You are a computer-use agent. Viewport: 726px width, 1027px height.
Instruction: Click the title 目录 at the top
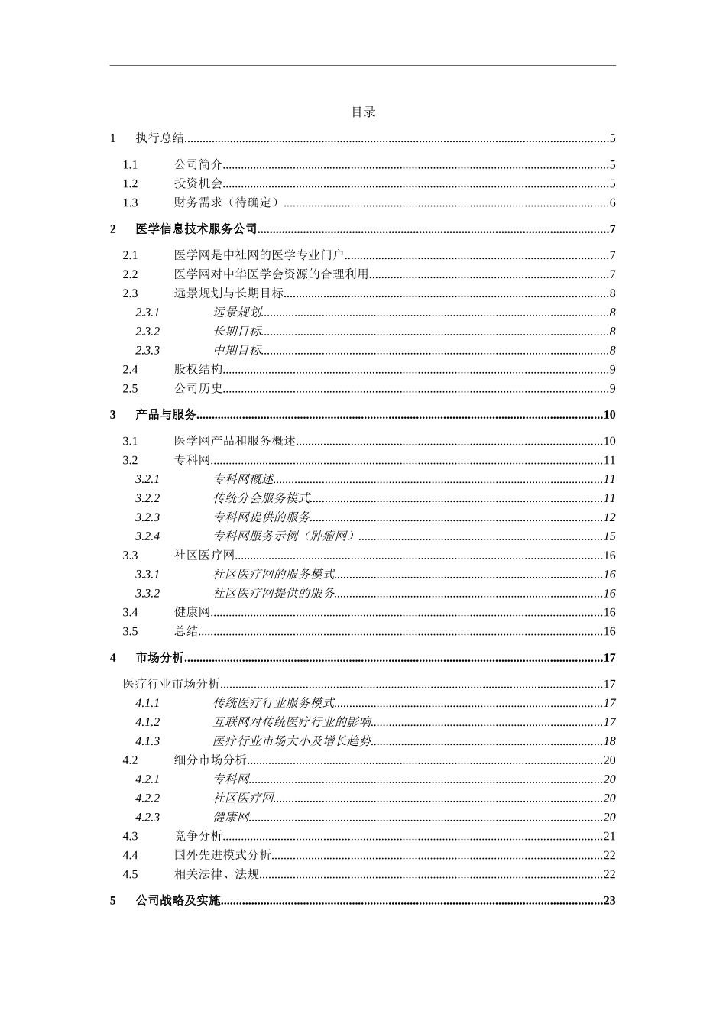click(x=363, y=112)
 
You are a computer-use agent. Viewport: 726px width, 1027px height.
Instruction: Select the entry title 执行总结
click(x=160, y=138)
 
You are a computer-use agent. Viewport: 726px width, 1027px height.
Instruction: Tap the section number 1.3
click(x=131, y=202)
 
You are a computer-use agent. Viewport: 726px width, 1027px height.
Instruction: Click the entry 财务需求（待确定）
click(x=228, y=202)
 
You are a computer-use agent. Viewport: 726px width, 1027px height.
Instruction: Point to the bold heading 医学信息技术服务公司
click(x=196, y=229)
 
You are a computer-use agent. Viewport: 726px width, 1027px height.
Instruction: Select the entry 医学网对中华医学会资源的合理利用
click(x=271, y=274)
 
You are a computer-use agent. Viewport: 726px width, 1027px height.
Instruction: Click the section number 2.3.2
click(x=147, y=332)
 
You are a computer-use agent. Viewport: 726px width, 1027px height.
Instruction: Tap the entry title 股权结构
click(x=198, y=370)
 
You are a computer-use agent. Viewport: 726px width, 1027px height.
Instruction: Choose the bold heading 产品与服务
click(x=166, y=415)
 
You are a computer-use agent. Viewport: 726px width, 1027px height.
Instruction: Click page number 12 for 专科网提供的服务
click(x=609, y=517)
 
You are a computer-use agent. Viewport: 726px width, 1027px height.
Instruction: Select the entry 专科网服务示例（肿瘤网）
click(x=285, y=536)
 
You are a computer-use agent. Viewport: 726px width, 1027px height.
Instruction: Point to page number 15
click(x=609, y=536)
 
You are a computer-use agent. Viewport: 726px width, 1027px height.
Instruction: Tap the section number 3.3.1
click(x=147, y=575)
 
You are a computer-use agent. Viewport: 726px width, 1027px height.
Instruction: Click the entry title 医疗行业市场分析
click(x=171, y=684)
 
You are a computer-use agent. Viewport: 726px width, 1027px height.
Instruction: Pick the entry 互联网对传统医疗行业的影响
click(x=292, y=722)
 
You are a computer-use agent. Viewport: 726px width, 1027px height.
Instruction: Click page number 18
click(x=609, y=741)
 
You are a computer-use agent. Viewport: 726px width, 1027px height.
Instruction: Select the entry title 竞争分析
click(x=198, y=837)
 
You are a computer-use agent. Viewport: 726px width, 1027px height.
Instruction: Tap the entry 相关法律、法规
click(x=216, y=874)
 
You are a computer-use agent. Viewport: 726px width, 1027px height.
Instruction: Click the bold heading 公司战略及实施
click(x=178, y=901)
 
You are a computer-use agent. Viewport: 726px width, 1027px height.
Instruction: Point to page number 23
click(x=609, y=901)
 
